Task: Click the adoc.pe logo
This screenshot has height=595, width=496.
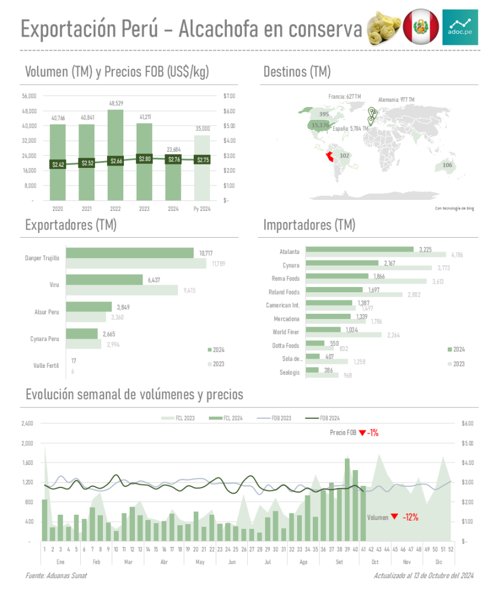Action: (460, 27)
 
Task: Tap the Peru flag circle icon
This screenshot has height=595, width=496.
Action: (420, 27)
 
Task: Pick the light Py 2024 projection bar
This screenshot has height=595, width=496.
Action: (202, 168)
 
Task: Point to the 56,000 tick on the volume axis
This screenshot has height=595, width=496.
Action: (29, 96)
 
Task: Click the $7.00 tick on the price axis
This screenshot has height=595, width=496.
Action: (229, 96)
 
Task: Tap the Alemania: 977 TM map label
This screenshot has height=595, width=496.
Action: (396, 100)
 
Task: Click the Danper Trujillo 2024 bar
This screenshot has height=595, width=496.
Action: (130, 253)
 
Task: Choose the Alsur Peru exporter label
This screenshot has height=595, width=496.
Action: (47, 312)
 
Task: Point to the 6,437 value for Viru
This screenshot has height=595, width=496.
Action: (154, 280)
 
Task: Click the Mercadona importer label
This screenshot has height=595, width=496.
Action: (287, 319)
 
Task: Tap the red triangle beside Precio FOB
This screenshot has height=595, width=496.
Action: (362, 433)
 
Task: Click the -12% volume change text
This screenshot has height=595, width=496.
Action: (410, 517)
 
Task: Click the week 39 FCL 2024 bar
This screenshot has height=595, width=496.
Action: (347, 500)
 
